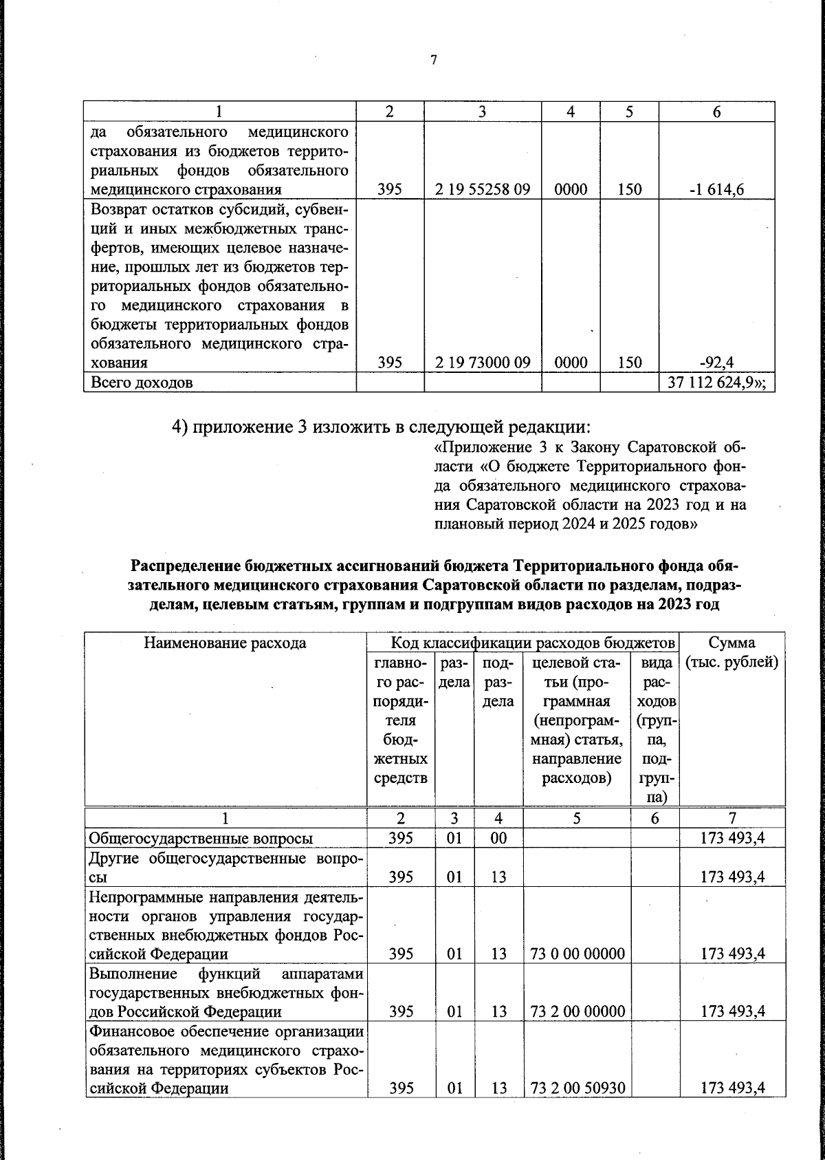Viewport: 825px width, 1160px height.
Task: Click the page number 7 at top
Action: click(433, 60)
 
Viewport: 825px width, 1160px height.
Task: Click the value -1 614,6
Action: click(716, 189)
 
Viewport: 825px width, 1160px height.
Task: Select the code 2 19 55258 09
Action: click(483, 189)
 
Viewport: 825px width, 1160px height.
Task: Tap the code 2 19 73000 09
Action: click(483, 363)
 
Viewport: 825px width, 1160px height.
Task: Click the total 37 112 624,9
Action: click(715, 383)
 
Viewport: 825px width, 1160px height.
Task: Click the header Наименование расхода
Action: click(225, 643)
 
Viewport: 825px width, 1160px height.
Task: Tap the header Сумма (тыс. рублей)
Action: click(731, 653)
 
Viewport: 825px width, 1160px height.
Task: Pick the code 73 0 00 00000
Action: click(577, 954)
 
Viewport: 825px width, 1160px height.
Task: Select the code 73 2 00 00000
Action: click(577, 1011)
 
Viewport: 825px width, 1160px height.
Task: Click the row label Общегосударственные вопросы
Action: click(201, 838)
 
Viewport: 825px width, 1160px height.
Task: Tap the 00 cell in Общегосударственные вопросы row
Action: click(498, 838)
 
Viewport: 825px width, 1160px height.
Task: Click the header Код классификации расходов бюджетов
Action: click(532, 643)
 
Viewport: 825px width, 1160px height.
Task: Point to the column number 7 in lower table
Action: click(732, 817)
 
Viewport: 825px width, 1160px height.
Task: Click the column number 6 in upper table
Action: click(716, 113)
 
